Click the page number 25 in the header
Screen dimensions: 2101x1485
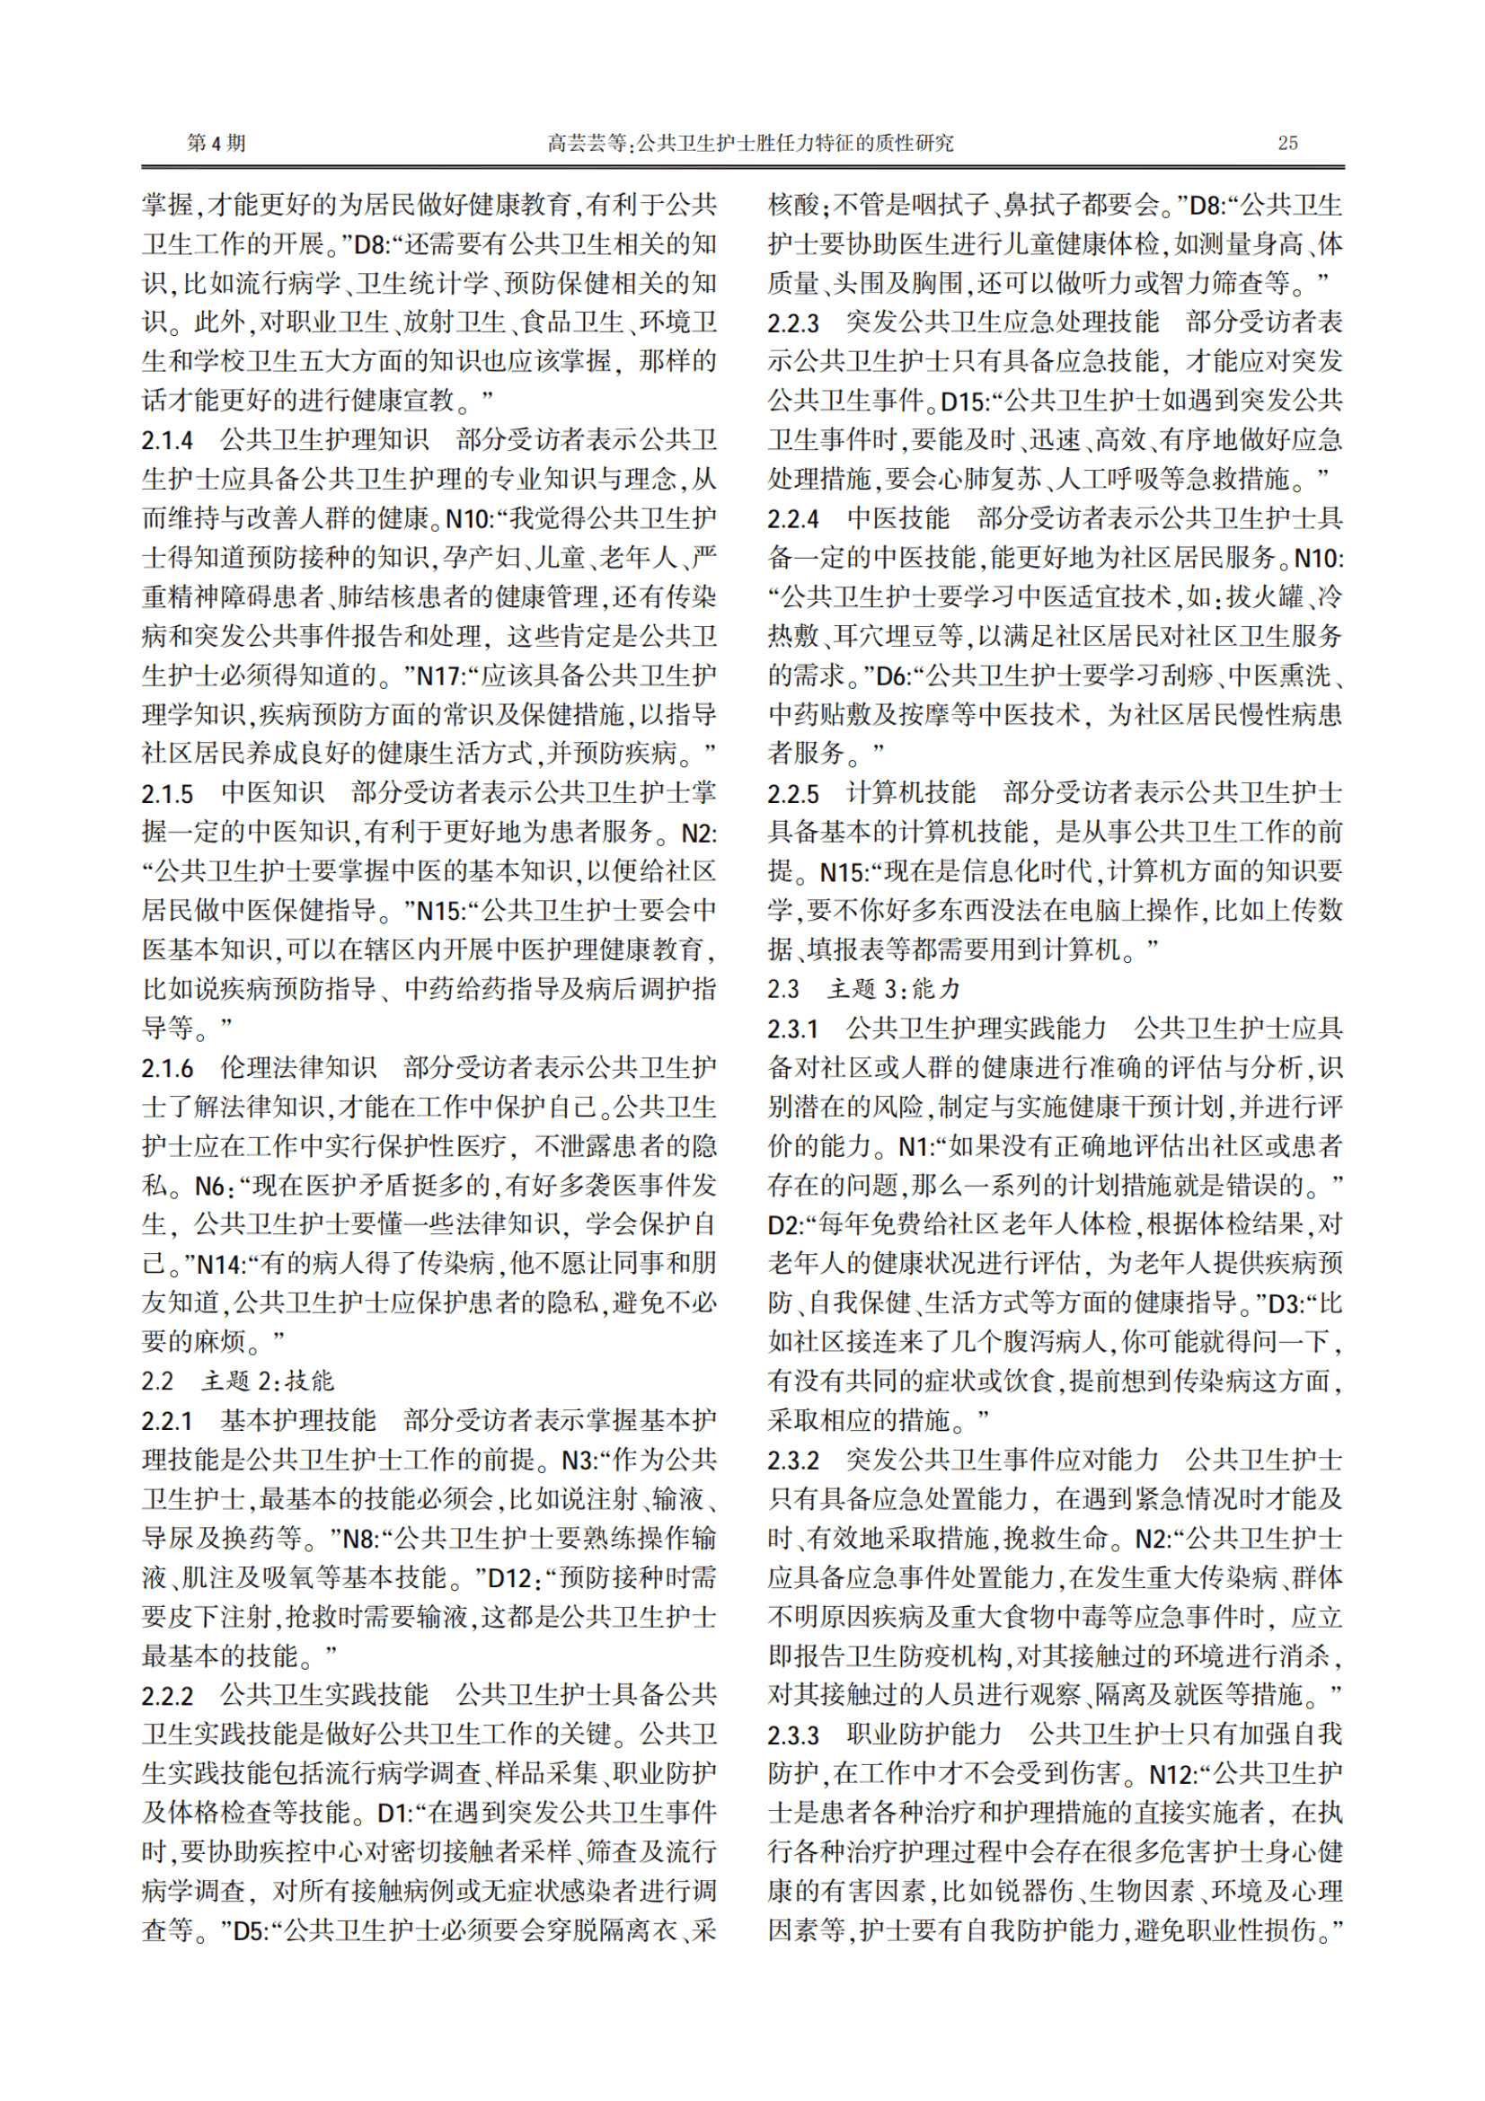click(1287, 143)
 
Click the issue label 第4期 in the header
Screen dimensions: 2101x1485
click(216, 143)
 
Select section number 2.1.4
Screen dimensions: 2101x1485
click(167, 440)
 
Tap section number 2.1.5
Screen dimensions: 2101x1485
click(167, 792)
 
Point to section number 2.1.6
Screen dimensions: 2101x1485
click(167, 1068)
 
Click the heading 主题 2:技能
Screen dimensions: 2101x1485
click(267, 1381)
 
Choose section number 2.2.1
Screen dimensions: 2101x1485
click(167, 1420)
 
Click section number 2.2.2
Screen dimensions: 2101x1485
click(167, 1696)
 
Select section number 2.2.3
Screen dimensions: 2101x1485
click(793, 323)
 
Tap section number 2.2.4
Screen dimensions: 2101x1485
click(793, 519)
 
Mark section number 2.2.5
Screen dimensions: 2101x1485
click(793, 792)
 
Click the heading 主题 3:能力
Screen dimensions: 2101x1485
click(893, 989)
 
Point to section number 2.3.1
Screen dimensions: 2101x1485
click(793, 1028)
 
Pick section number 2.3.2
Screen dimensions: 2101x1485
click(793, 1460)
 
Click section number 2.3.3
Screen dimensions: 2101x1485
click(793, 1734)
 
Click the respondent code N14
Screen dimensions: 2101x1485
click(219, 1265)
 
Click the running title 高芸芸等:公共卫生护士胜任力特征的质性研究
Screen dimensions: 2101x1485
click(750, 143)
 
